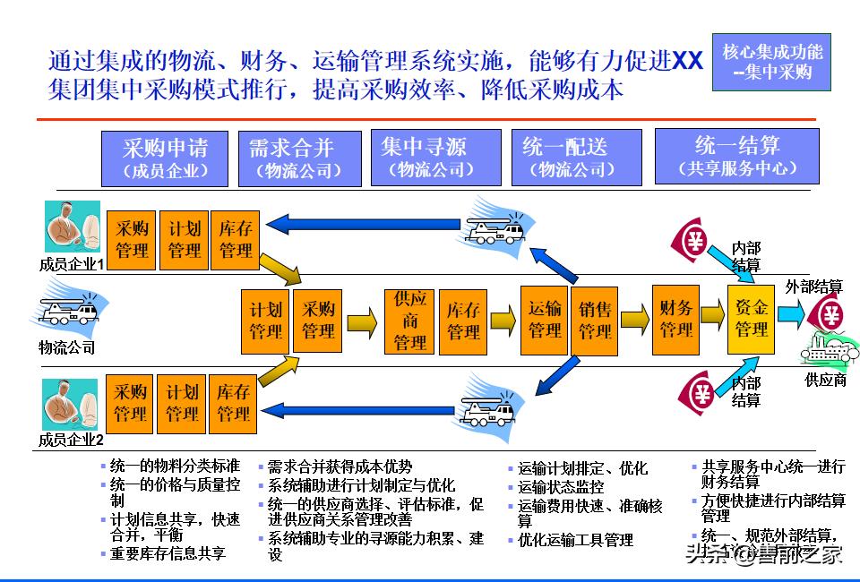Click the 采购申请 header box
point(166,158)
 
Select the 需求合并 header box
point(299,158)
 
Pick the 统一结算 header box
point(736,156)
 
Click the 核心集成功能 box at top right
point(771,62)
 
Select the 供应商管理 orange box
point(410,321)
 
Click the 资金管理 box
point(752,319)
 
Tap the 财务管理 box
point(676,319)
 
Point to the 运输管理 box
point(545,320)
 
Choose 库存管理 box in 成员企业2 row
point(234,403)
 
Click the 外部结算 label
point(814,287)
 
